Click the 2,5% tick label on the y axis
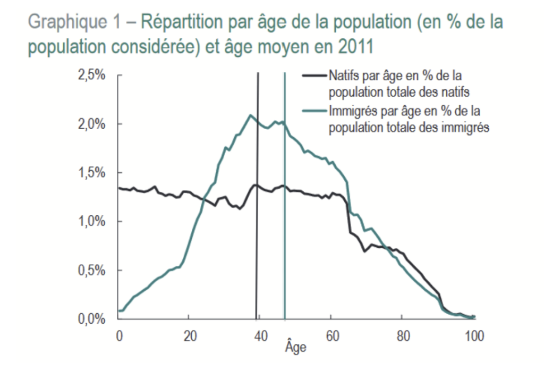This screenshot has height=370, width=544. click(x=91, y=75)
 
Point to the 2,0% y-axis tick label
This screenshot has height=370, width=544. click(x=91, y=124)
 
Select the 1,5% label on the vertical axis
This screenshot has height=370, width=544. click(x=91, y=173)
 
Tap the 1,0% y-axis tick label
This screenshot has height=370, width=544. click(x=91, y=222)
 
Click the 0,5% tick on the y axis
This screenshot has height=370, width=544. click(x=91, y=271)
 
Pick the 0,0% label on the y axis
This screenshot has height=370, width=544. click(x=91, y=319)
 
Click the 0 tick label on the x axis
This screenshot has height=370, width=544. click(x=119, y=336)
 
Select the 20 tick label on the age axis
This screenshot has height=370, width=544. click(x=189, y=336)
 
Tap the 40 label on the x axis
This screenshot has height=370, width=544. click(x=260, y=336)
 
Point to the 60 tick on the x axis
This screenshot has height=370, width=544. click(x=331, y=336)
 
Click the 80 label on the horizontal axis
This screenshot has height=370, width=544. click(x=402, y=336)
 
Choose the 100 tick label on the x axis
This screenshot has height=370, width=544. click(x=473, y=336)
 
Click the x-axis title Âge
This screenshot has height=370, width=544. click(x=295, y=348)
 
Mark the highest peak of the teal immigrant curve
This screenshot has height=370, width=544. click(x=250, y=115)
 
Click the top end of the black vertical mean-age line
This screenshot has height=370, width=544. click(x=258, y=73)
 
